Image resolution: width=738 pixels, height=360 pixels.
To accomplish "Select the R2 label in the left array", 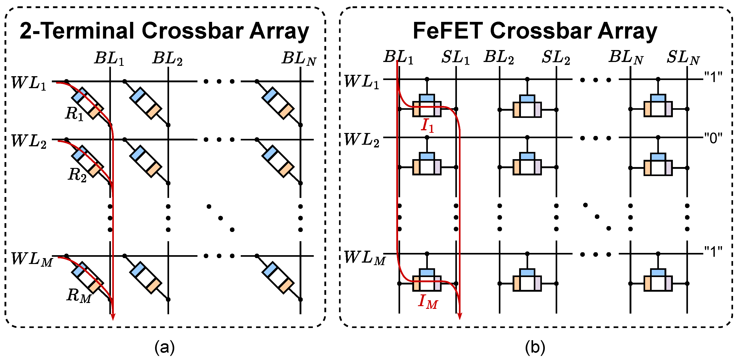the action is [77, 175].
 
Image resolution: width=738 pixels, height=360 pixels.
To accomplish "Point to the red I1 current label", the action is [427, 126].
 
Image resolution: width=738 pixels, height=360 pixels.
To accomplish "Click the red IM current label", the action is [428, 302].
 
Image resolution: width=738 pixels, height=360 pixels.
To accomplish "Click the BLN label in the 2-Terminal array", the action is [299, 59].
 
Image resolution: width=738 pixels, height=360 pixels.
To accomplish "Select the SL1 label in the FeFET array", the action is [455, 57].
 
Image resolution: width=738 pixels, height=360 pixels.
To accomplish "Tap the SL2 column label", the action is [556, 57].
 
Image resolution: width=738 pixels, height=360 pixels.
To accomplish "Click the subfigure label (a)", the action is [165, 348].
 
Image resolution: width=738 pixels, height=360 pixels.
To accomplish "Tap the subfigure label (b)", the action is [535, 348].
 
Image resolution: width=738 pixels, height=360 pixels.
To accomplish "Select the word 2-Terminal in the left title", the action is [77, 31].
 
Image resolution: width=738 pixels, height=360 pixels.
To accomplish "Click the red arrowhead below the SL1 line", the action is [460, 315].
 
